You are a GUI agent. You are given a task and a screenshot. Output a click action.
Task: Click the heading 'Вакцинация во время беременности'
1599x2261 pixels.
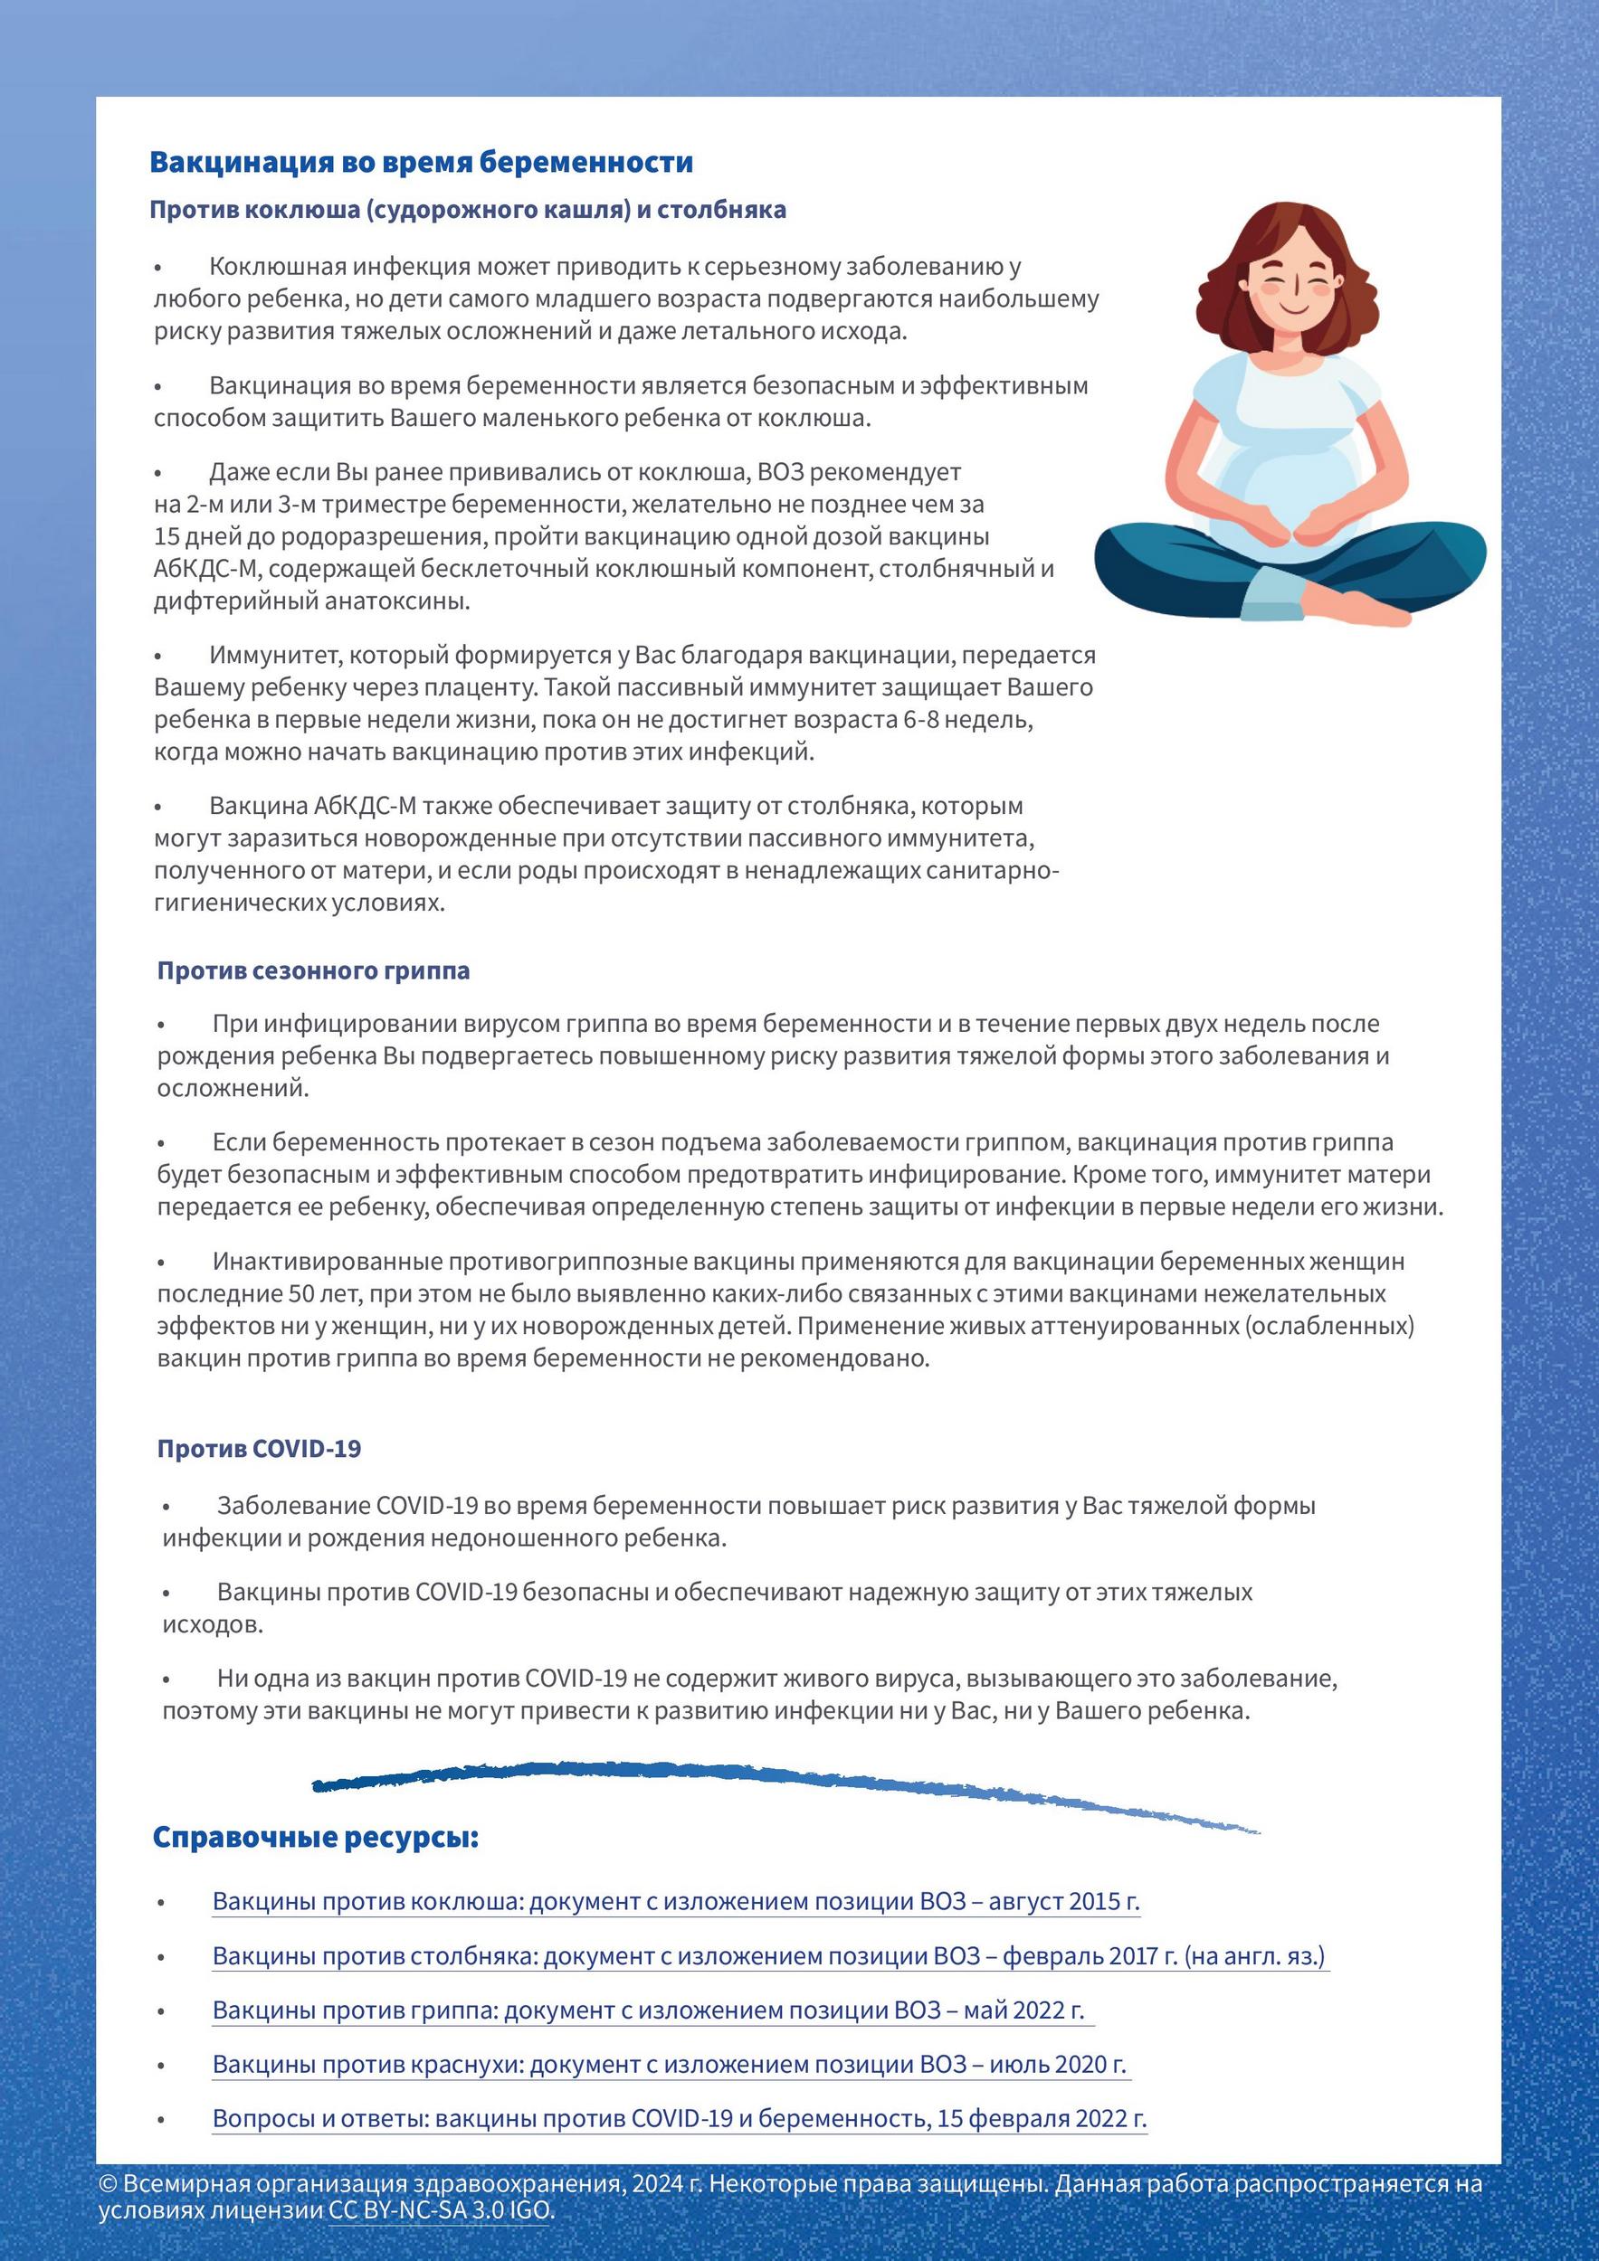pos(421,163)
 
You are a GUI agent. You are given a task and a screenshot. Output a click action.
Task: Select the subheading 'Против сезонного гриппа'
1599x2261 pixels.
pos(313,971)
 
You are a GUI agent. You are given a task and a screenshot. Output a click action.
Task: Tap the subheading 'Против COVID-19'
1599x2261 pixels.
pos(259,1449)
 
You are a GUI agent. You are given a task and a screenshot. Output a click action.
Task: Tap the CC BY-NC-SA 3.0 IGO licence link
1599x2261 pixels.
pos(441,2209)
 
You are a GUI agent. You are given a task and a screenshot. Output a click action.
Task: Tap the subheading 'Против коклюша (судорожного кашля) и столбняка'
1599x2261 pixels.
pos(468,210)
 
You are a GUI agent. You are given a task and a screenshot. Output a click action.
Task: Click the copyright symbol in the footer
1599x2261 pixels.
pos(108,2184)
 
